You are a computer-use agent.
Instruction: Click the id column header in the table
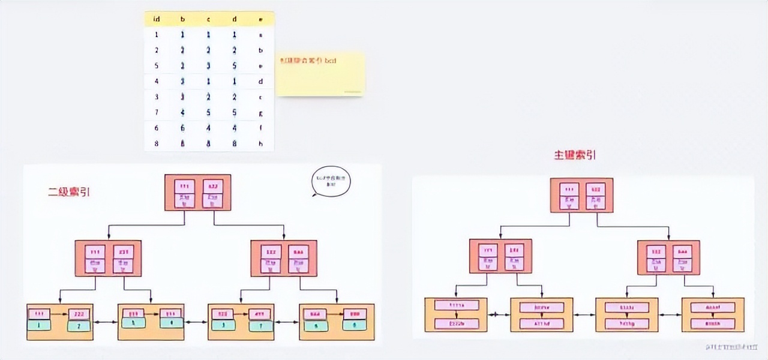157,19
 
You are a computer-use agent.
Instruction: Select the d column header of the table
235,19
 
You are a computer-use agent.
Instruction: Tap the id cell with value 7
157,112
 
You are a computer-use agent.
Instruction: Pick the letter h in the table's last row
260,143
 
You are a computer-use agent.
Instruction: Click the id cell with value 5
157,66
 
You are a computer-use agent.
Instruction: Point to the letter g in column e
260,112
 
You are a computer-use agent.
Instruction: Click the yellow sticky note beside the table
320,74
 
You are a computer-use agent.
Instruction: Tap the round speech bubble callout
331,182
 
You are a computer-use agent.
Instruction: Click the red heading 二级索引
69,192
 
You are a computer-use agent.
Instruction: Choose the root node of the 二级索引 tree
198,193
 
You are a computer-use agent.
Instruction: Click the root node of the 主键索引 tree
582,195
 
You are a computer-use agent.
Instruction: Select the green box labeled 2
79,326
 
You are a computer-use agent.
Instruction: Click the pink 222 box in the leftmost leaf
79,314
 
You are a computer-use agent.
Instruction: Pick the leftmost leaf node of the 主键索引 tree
455,314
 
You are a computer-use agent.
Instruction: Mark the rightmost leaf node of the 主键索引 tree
713,315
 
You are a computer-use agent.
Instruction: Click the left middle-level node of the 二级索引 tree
108,258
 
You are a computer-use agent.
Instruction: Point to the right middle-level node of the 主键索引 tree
668,257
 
